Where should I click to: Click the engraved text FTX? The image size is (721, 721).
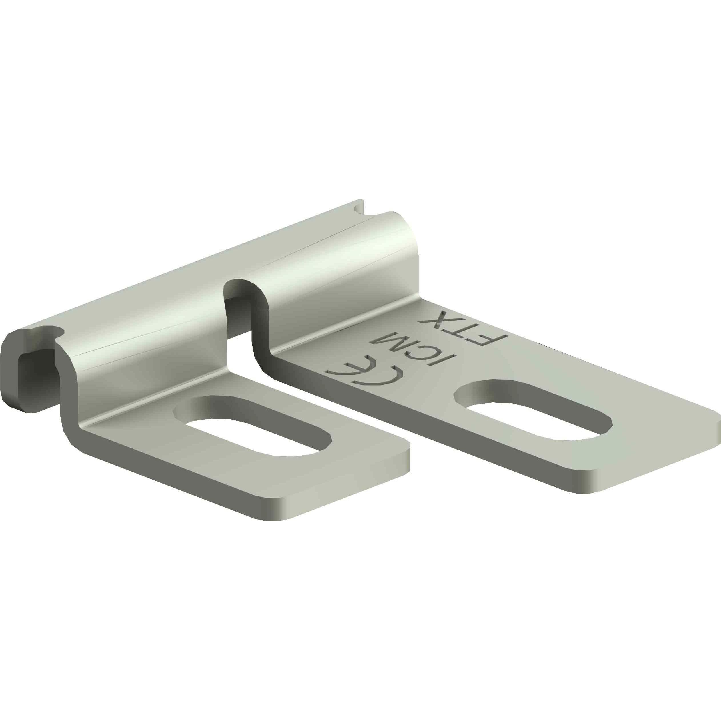[x=463, y=326]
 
